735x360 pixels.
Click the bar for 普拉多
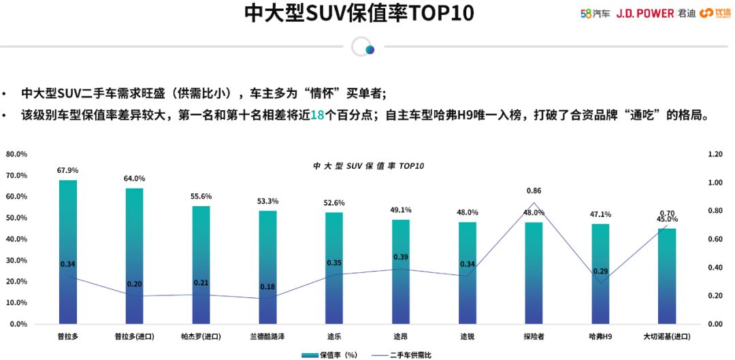[68, 252]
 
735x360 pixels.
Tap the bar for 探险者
[534, 273]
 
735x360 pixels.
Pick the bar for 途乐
[334, 268]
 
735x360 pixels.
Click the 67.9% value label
[68, 170]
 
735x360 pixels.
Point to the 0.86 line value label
[534, 191]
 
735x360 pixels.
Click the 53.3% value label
[267, 201]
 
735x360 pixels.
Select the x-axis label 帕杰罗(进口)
[201, 336]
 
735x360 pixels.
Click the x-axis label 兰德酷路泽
[267, 336]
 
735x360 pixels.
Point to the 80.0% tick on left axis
[16, 154]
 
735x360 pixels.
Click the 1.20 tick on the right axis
[715, 154]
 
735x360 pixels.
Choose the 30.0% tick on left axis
[16, 261]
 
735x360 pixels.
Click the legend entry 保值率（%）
[330, 355]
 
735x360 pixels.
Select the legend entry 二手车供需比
[402, 355]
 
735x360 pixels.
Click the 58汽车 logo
[595, 13]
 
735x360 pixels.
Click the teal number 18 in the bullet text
[316, 115]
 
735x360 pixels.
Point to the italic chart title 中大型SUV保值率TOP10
[368, 166]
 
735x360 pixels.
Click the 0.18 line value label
[267, 287]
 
